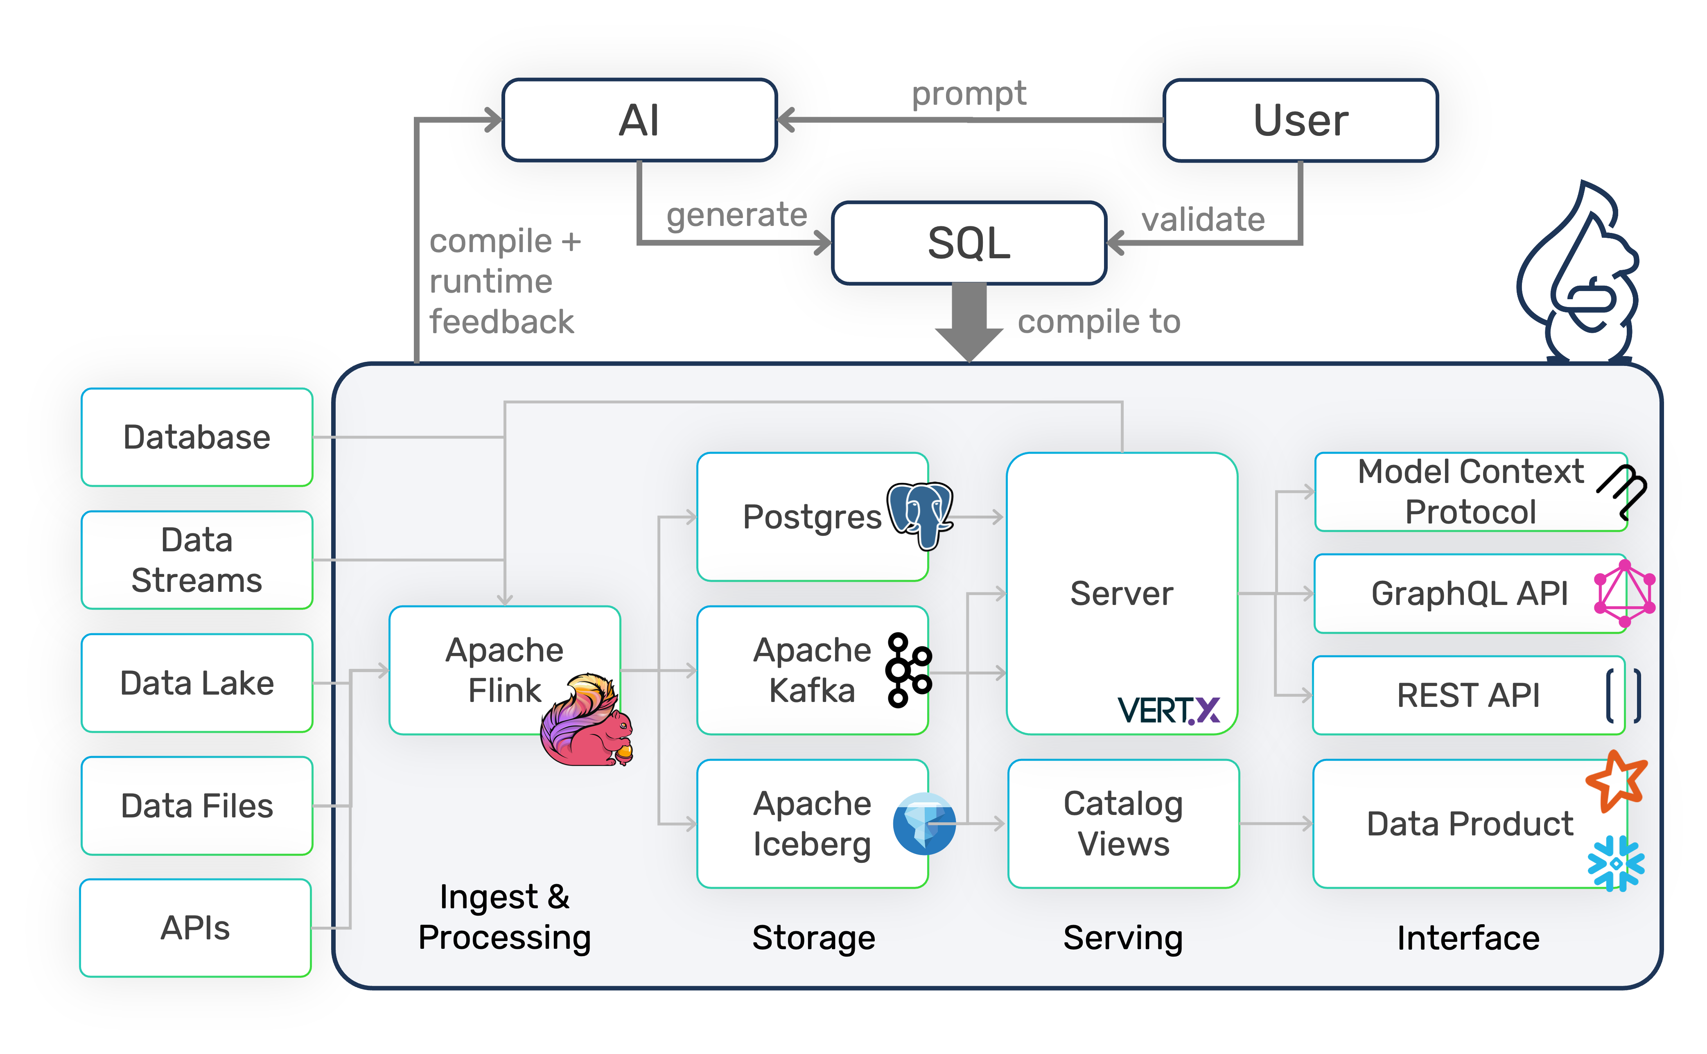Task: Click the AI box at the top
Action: point(639,120)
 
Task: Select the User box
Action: point(1300,120)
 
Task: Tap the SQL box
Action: point(969,243)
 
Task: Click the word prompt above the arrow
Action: point(969,93)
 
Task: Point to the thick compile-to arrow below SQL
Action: point(969,320)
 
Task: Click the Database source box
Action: point(196,437)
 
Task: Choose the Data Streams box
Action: point(196,560)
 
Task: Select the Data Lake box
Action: point(196,682)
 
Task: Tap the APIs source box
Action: point(195,928)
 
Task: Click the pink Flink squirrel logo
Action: point(587,722)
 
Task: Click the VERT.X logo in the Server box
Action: point(1168,710)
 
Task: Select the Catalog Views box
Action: point(1123,823)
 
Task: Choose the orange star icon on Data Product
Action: point(1616,781)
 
